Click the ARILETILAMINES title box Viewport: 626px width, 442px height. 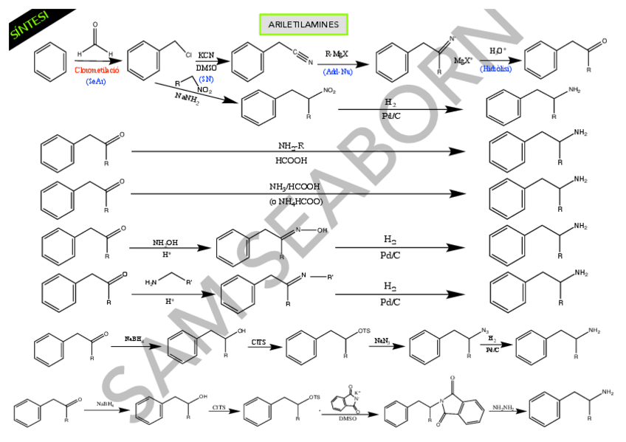click(303, 24)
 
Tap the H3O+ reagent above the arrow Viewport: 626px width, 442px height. click(498, 51)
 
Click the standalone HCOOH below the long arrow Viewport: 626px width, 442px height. click(292, 160)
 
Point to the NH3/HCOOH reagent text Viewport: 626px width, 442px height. click(295, 187)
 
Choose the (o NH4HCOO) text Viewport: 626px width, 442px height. click(295, 201)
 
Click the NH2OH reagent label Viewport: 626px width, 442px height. click(165, 242)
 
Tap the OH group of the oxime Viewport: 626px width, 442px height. click(322, 231)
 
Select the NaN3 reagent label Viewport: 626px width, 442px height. click(382, 341)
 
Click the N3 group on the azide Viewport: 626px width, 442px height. click(485, 331)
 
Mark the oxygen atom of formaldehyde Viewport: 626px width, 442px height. click(94, 24)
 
